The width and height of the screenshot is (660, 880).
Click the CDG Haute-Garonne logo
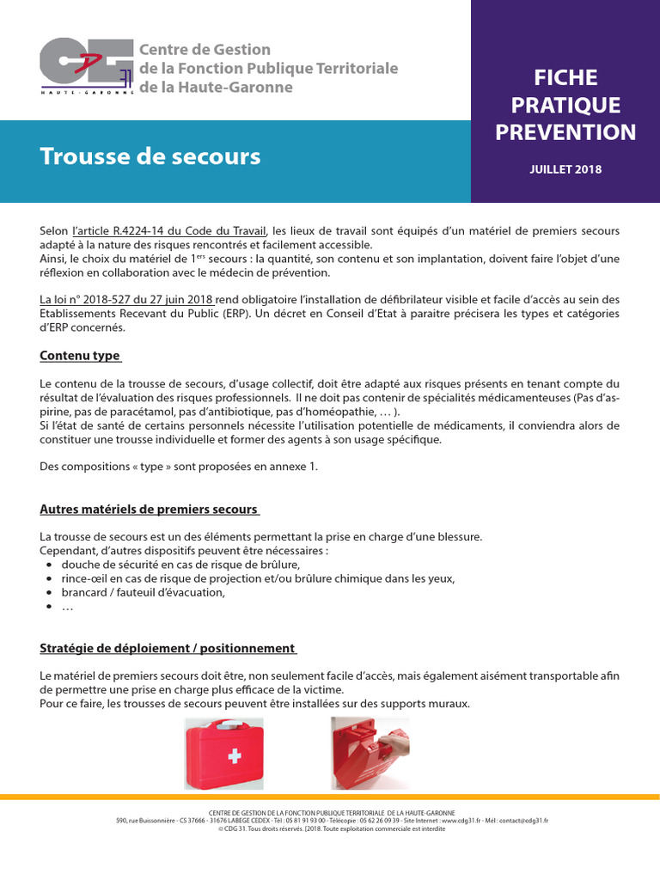(87, 67)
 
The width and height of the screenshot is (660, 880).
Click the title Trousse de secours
(150, 156)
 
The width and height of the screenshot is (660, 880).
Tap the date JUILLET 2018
(565, 169)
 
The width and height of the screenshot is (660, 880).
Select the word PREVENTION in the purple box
(565, 132)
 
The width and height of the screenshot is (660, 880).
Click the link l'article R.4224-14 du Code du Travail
(170, 232)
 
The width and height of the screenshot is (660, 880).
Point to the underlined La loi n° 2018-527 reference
(126, 299)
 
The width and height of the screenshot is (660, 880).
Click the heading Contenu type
(80, 356)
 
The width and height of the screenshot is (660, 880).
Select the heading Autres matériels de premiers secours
(149, 510)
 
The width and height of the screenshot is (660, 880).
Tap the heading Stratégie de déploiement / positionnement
(168, 648)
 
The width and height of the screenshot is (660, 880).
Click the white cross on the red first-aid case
(234, 756)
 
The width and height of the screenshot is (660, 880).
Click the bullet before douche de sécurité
(50, 565)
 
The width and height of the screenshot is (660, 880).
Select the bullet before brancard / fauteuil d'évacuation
(50, 593)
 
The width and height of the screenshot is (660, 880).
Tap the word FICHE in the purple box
(565, 77)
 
